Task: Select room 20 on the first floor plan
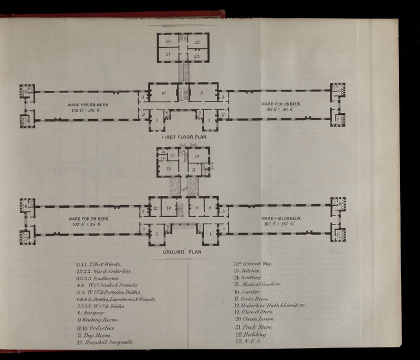169,41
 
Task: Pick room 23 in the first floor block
197,55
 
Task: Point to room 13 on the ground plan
170,168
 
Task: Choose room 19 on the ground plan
197,156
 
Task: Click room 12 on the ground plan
156,207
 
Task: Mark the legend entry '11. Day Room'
93,335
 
